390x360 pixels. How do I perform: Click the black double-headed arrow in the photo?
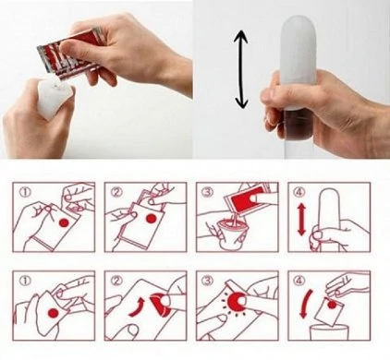[x=240, y=69]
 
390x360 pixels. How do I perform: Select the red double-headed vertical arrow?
[x=300, y=220]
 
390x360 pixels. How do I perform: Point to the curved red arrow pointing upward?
[x=137, y=306]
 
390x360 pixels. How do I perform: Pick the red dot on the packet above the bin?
[x=332, y=305]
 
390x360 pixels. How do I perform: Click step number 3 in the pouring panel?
[x=207, y=192]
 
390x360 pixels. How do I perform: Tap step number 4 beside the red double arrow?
[x=299, y=192]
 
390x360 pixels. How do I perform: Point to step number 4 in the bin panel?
[x=299, y=281]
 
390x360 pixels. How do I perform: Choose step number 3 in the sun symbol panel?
[x=207, y=281]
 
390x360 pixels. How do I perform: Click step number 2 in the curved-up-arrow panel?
[x=116, y=281]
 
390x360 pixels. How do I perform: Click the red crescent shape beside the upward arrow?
[x=159, y=306]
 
